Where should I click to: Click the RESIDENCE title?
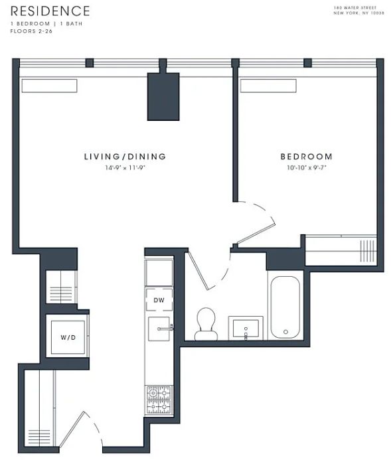50,11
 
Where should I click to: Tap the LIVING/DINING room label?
125,157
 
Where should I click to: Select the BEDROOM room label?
307,157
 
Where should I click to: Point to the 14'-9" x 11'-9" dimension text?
125,168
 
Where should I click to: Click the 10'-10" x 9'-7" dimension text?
307,168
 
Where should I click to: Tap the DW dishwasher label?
159,300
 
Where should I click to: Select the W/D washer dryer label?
68,337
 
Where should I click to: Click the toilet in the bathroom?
206,324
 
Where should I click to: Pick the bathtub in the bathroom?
285,307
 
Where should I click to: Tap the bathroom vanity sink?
246,329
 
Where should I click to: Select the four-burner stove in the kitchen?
159,400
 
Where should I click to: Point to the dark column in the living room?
163,96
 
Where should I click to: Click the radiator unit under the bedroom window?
268,86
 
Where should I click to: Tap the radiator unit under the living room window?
49,86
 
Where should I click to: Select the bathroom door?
198,270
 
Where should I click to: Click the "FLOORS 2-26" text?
31,31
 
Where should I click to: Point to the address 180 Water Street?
355,8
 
